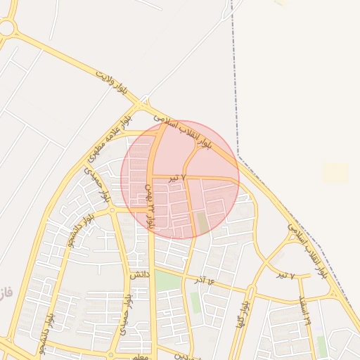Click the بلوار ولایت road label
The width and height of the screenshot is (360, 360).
pos(113,82)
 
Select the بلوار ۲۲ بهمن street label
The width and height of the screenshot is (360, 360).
pos(149,204)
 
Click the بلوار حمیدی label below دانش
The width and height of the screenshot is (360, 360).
pos(125,314)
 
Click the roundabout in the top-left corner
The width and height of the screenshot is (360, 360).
pos(6,28)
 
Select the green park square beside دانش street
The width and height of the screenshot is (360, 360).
pos(167,281)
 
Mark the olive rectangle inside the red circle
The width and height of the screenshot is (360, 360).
pos(202,223)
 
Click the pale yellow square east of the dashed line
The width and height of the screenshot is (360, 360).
pos(335,173)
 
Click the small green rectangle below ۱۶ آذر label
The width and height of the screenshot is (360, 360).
pos(195,302)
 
